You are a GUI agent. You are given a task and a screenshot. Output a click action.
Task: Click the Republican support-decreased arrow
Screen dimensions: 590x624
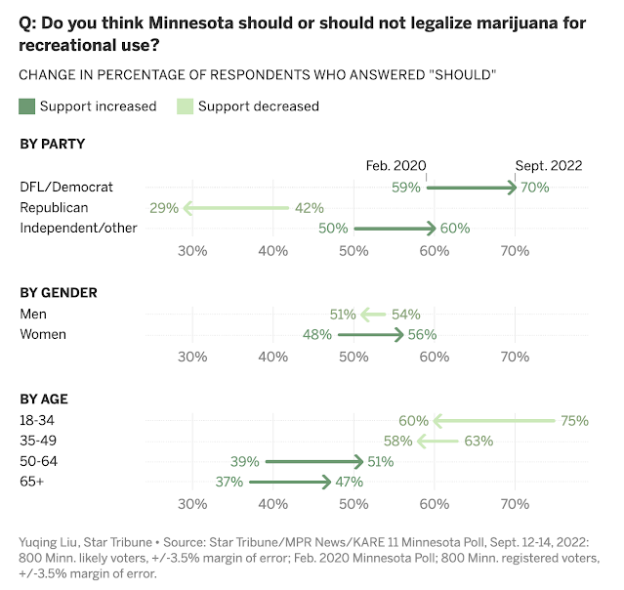[235, 207]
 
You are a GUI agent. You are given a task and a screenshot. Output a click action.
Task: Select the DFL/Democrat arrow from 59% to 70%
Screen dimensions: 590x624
[472, 187]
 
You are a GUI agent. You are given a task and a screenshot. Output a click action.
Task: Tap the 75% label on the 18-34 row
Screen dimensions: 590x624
[574, 421]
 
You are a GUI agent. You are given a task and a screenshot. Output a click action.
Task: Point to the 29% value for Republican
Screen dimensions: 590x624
[163, 207]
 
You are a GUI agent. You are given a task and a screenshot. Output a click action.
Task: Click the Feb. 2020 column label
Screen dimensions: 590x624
[395, 166]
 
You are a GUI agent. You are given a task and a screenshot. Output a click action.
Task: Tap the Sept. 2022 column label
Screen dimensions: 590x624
[549, 166]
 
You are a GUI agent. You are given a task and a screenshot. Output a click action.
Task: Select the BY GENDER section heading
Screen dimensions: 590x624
[59, 292]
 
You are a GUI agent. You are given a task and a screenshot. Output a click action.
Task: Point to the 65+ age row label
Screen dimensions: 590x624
[33, 482]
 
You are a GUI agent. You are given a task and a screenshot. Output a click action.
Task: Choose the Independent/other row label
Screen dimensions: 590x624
[79, 228]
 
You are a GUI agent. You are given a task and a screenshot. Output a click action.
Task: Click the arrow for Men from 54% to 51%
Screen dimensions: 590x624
[373, 314]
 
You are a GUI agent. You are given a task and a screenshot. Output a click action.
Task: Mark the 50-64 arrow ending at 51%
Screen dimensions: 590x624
[313, 461]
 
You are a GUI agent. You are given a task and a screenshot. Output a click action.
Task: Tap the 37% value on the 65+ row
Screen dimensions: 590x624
[230, 482]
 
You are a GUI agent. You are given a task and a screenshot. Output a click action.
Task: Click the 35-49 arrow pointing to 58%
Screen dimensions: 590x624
[437, 441]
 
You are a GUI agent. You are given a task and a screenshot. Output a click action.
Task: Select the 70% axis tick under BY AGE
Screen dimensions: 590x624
[515, 504]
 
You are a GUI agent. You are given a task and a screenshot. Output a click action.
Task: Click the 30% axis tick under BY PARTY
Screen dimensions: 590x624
[192, 251]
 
